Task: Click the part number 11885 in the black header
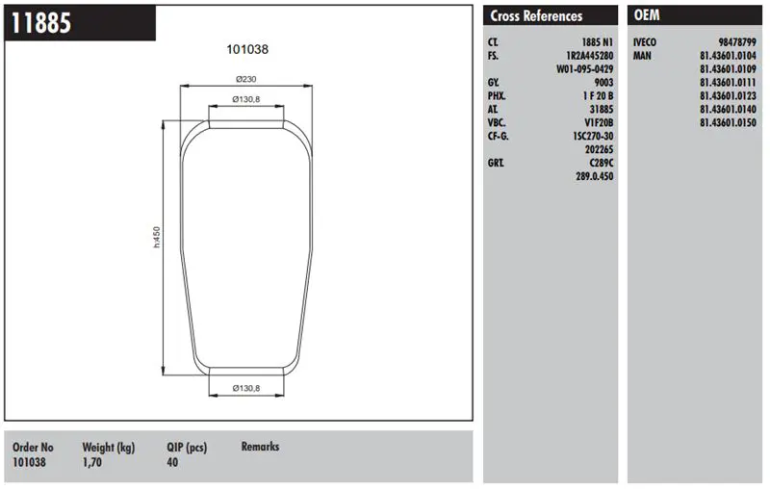point(41,23)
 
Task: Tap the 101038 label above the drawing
point(247,49)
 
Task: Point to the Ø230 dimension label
point(246,79)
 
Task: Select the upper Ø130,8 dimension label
point(246,99)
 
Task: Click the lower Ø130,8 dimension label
point(246,388)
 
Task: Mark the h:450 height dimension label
point(157,237)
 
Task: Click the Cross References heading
point(536,16)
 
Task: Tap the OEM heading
point(647,15)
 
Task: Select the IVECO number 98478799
point(737,42)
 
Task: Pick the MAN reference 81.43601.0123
point(729,95)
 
